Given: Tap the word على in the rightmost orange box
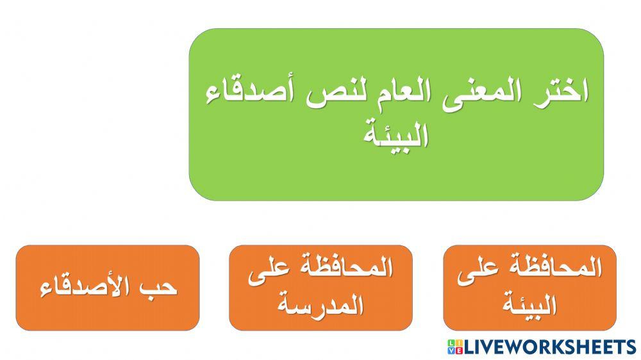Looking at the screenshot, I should coord(478,270).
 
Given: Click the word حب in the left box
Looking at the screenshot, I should coord(160,288).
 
